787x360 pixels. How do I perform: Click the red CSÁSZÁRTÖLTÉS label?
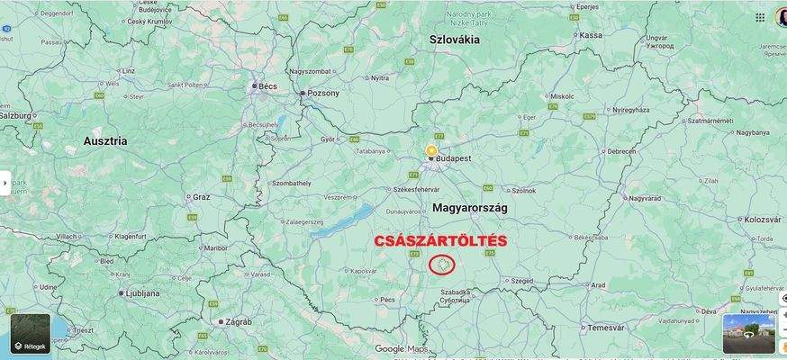[x=440, y=241]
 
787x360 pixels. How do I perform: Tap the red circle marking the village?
[x=441, y=265]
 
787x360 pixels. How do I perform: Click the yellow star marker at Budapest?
[x=431, y=150]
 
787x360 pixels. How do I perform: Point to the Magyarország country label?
[x=470, y=208]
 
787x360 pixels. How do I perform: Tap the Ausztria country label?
[x=105, y=141]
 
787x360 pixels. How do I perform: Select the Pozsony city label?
[x=323, y=93]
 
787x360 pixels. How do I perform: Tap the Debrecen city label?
[x=621, y=151]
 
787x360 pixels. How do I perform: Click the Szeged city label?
[x=522, y=281]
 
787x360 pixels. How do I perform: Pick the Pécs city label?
[x=388, y=299]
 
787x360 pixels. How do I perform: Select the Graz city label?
[x=201, y=196]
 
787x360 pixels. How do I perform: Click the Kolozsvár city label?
[x=762, y=220]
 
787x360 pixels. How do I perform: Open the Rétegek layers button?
[x=31, y=334]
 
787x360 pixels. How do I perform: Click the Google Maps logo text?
[x=402, y=349]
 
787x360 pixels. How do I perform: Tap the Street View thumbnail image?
[x=748, y=333]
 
